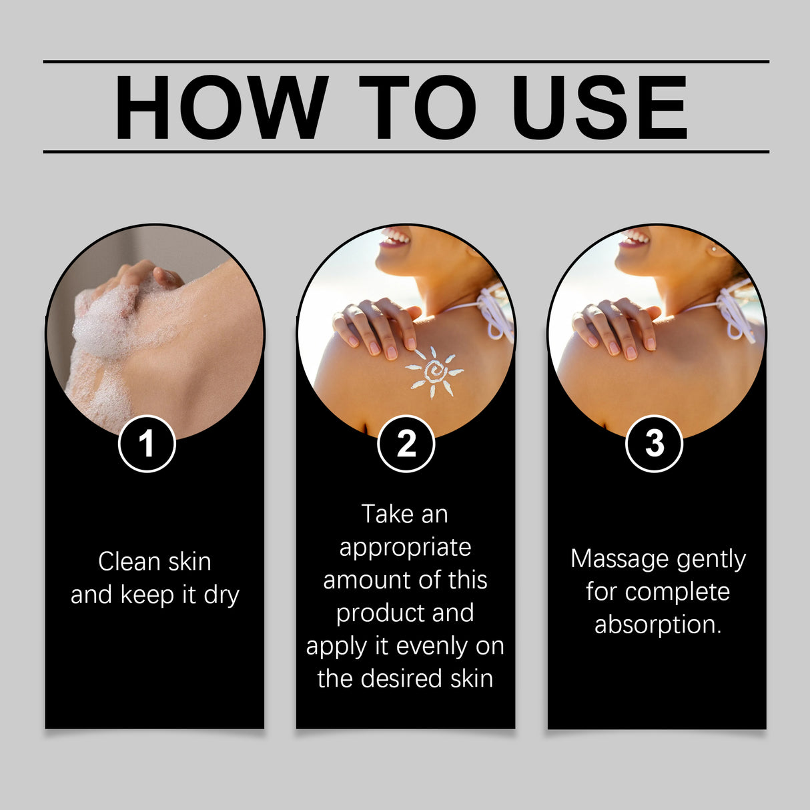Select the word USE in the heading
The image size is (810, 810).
(599, 108)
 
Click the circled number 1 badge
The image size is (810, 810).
(147, 444)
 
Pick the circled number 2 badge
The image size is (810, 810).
(406, 444)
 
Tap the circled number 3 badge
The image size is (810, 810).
(654, 444)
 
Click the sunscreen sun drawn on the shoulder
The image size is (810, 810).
(434, 371)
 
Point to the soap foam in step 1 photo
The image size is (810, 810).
(107, 327)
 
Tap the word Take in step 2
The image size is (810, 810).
(386, 514)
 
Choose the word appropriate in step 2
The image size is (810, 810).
(405, 548)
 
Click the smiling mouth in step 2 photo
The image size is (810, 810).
(394, 238)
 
